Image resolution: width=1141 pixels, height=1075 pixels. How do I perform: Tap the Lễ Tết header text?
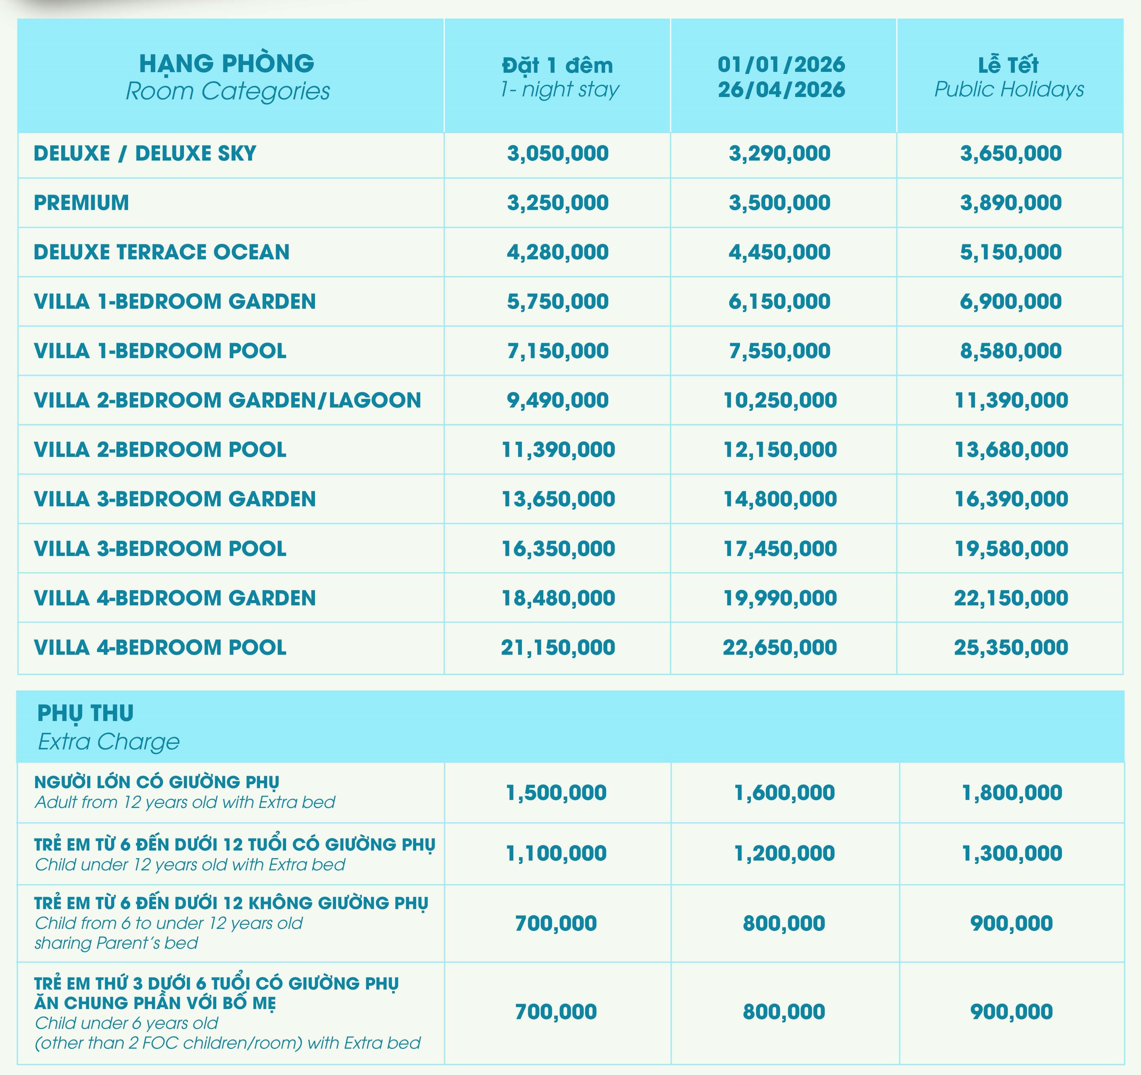coord(1009,65)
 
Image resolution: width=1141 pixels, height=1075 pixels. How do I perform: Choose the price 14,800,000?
coord(780,499)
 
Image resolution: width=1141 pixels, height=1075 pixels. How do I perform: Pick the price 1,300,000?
coord(1012,853)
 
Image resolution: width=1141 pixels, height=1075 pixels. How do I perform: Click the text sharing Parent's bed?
coord(117,943)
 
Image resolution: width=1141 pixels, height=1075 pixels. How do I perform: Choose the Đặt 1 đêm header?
coord(557,65)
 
